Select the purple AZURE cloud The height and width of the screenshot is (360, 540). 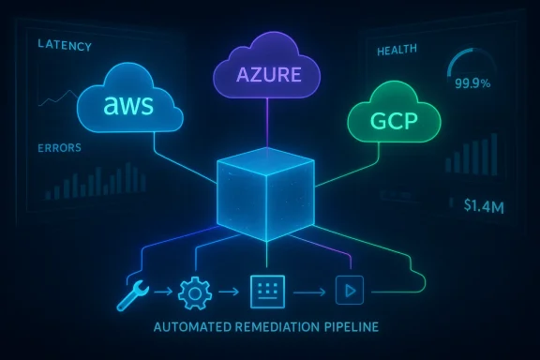(x=269, y=71)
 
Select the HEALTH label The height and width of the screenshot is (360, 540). (x=395, y=51)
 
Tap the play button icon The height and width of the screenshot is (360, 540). (x=349, y=292)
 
